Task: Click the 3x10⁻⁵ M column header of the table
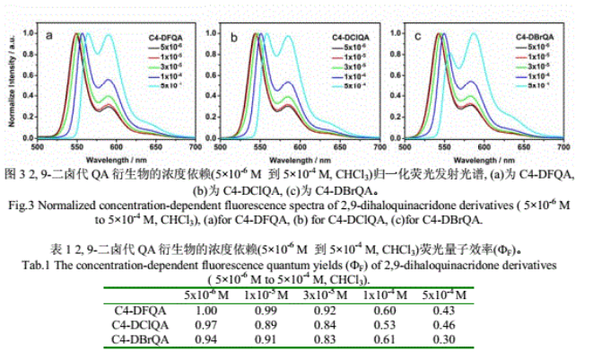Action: pos(326,295)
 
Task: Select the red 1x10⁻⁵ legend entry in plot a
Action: pos(163,57)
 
